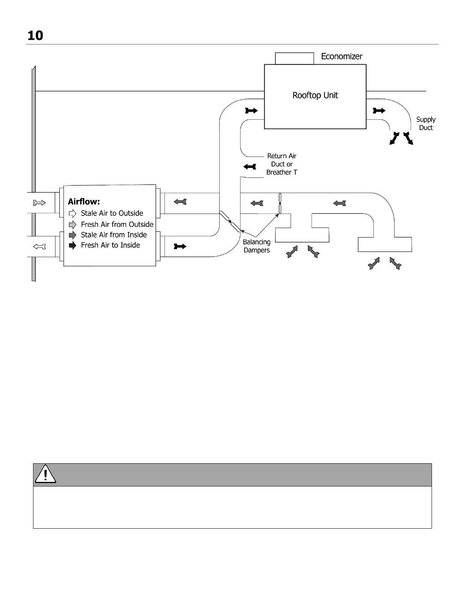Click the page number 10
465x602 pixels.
tap(35, 36)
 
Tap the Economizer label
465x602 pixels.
tap(342, 57)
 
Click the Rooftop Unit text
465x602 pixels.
tap(315, 95)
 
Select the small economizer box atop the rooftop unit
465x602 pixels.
tap(294, 59)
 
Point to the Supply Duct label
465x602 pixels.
tap(425, 124)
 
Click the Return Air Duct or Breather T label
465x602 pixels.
tap(282, 164)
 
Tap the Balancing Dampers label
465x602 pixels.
tap(256, 246)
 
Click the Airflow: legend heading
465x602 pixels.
tap(84, 202)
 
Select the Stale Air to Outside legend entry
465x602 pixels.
tap(112, 213)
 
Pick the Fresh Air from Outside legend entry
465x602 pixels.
tap(117, 224)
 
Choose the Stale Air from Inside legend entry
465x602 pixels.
tap(114, 235)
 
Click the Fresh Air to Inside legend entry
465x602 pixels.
tap(110, 245)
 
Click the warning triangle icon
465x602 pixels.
tap(45, 474)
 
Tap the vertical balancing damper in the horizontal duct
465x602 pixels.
tap(280, 203)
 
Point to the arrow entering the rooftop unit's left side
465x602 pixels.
tap(251, 111)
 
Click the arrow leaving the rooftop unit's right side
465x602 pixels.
tap(379, 111)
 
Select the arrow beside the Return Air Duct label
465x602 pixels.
tap(250, 166)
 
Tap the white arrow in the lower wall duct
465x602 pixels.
tap(40, 247)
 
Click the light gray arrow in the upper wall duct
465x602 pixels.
tap(40, 203)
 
